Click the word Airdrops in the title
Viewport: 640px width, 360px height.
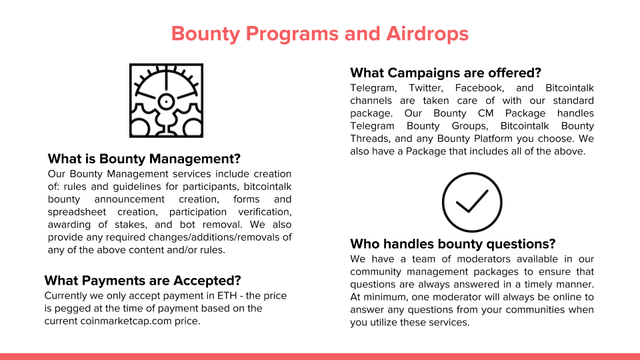pyautogui.click(x=427, y=34)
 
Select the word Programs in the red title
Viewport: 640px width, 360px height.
pyautogui.click(x=292, y=34)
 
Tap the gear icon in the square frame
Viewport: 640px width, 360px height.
pyautogui.click(x=166, y=101)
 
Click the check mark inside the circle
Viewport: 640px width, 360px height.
pyautogui.click(x=472, y=201)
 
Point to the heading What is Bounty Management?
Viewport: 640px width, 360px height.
pyautogui.click(x=144, y=159)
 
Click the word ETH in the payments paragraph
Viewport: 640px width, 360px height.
pyautogui.click(x=227, y=295)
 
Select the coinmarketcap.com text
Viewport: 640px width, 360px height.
pyautogui.click(x=126, y=321)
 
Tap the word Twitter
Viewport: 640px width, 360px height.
pyautogui.click(x=426, y=88)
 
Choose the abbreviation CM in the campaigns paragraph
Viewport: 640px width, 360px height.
pyautogui.click(x=486, y=113)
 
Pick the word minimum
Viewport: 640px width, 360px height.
pyautogui.click(x=385, y=297)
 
